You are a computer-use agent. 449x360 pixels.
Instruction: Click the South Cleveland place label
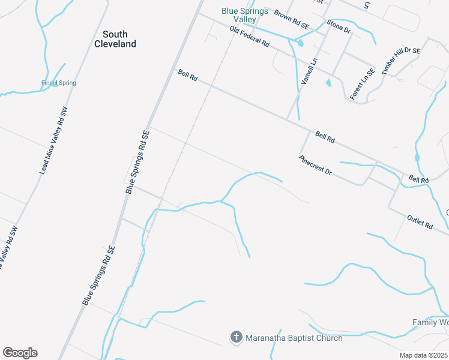point(115,39)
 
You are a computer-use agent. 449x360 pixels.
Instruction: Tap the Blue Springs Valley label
point(247,15)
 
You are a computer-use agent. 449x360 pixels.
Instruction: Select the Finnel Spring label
point(59,83)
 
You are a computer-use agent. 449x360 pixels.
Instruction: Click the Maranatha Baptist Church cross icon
point(237,338)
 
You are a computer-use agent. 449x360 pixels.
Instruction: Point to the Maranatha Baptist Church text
point(294,338)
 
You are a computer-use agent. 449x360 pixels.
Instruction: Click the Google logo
point(20,353)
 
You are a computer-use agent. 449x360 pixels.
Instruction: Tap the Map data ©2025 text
point(424,355)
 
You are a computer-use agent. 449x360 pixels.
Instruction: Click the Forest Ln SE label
point(362,84)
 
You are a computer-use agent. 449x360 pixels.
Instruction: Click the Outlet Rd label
point(420,221)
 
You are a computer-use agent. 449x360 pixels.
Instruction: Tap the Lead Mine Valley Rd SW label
point(53,139)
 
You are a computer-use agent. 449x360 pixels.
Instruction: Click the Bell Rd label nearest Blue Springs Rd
point(188,75)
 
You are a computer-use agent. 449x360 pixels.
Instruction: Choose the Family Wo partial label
point(430,322)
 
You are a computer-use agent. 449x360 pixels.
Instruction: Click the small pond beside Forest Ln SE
point(328,83)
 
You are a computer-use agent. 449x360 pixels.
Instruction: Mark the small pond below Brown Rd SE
point(300,43)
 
